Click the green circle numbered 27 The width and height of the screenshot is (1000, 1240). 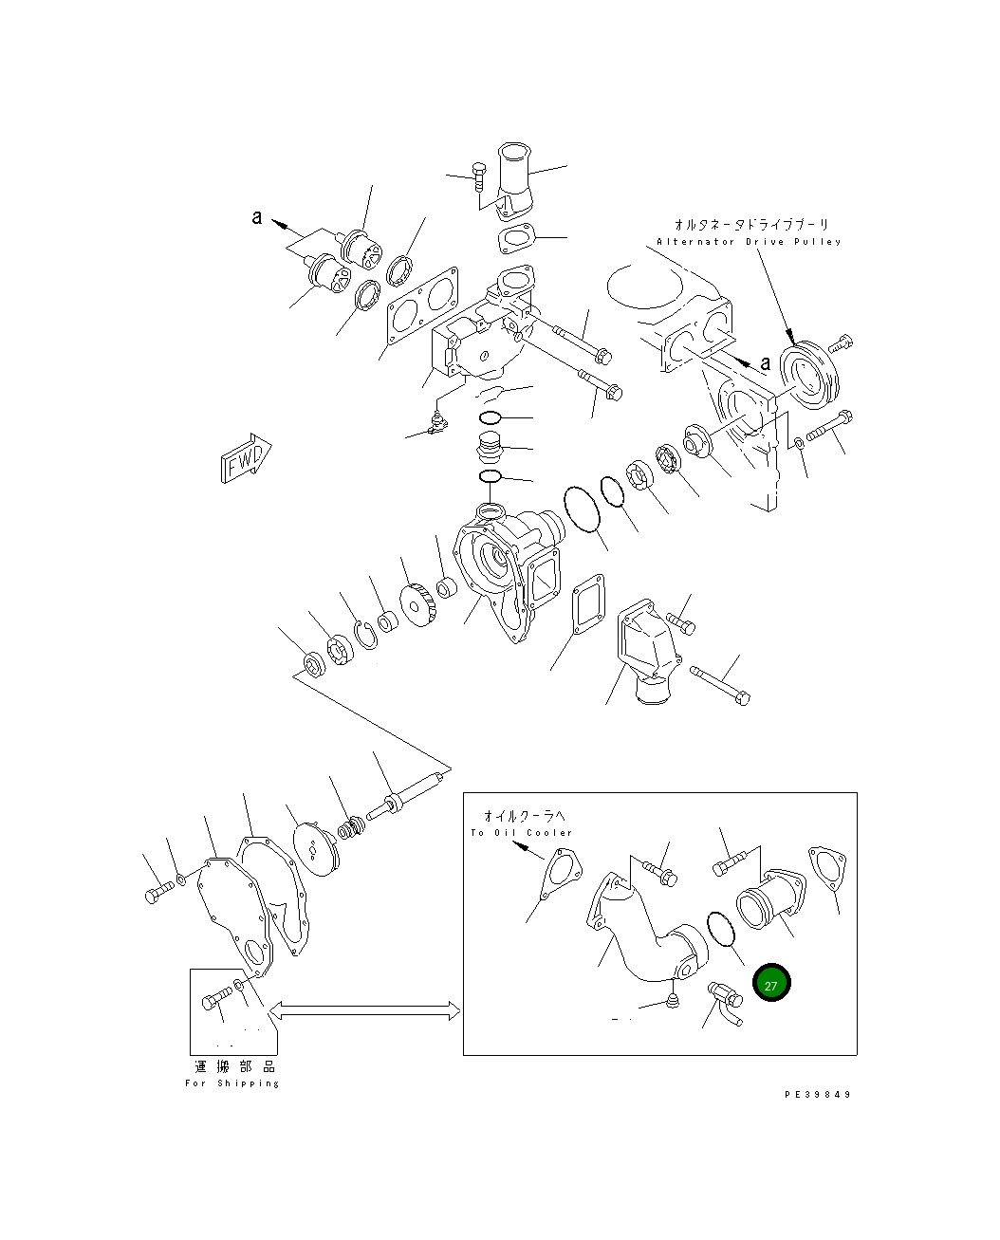tap(770, 984)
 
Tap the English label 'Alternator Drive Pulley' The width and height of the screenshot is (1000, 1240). tap(749, 242)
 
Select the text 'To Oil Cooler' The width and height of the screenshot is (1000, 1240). tap(522, 833)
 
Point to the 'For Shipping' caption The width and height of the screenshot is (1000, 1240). tap(232, 1083)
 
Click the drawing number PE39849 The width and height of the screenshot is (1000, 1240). tap(818, 1094)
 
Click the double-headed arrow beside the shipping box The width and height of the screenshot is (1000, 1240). tap(365, 1011)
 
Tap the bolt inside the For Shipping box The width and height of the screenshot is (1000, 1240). tap(216, 998)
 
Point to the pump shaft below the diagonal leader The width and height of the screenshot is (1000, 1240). tap(408, 796)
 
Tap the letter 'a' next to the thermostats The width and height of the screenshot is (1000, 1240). tap(256, 217)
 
